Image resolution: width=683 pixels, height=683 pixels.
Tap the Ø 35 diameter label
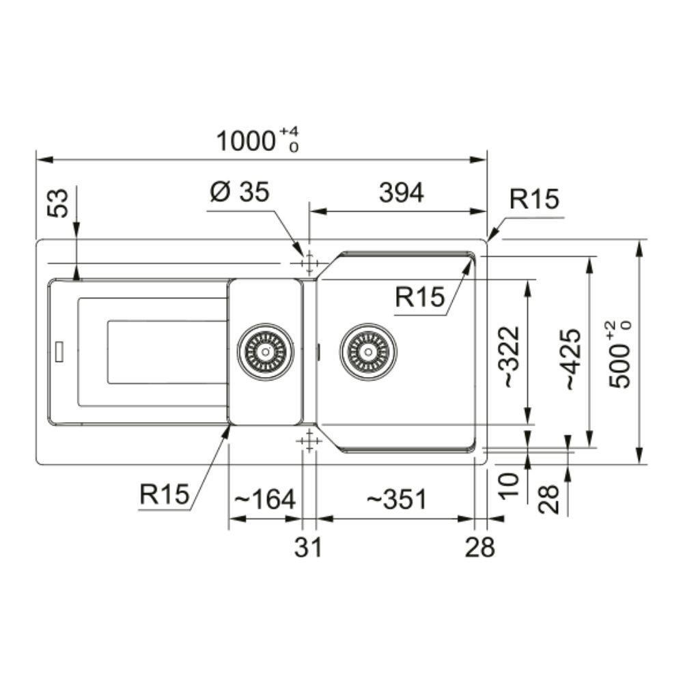pyautogui.click(x=240, y=192)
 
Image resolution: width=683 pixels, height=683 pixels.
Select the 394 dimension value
pyautogui.click(x=401, y=193)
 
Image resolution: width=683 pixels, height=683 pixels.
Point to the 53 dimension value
pyautogui.click(x=58, y=203)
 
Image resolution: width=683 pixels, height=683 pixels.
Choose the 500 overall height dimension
pyautogui.click(x=620, y=354)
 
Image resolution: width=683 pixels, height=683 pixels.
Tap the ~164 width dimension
pyautogui.click(x=265, y=499)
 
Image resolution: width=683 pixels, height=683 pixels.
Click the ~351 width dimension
pyautogui.click(x=395, y=499)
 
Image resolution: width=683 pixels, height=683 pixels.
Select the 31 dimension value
pyautogui.click(x=308, y=547)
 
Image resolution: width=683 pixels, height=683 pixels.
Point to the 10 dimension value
pyautogui.click(x=510, y=486)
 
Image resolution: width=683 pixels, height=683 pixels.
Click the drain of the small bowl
pyautogui.click(x=265, y=352)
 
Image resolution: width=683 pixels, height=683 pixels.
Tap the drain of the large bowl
pyautogui.click(x=368, y=352)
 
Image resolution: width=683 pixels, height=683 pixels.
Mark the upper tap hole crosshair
pyautogui.click(x=309, y=264)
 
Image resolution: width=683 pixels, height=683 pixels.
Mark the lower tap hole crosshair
pyautogui.click(x=309, y=441)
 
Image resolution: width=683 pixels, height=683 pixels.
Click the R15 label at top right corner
pyautogui.click(x=534, y=199)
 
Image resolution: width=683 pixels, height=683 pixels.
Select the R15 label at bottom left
pyautogui.click(x=164, y=494)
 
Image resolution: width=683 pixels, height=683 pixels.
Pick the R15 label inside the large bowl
pyautogui.click(x=419, y=298)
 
